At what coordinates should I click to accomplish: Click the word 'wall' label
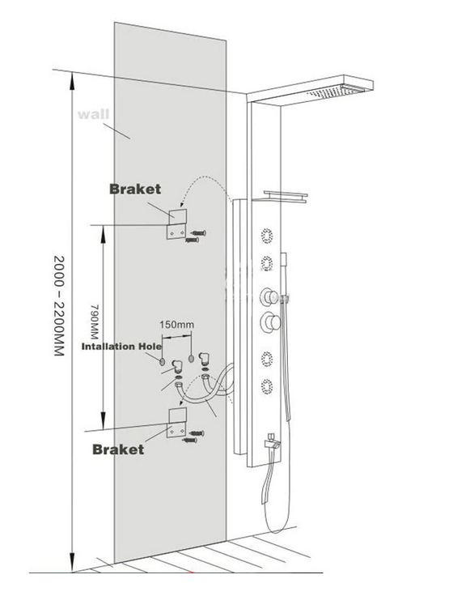tap(93, 114)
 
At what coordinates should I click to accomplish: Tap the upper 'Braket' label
tap(135, 189)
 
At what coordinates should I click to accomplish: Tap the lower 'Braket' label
tap(118, 449)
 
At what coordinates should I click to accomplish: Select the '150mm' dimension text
tap(176, 325)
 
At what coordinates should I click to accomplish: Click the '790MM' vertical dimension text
tap(94, 321)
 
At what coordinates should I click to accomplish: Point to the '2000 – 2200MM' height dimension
tap(59, 305)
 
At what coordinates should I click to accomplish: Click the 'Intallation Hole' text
tap(121, 347)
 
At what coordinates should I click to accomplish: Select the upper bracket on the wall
tap(177, 223)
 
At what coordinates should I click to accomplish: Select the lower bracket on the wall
tap(177, 423)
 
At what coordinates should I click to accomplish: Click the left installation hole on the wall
tap(163, 361)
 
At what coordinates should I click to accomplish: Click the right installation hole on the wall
tap(191, 358)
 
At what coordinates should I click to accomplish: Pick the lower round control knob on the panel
tap(270, 322)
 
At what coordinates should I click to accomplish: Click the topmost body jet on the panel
tap(267, 236)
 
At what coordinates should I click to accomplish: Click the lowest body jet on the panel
tap(267, 386)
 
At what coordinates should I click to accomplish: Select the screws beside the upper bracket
tap(196, 236)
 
